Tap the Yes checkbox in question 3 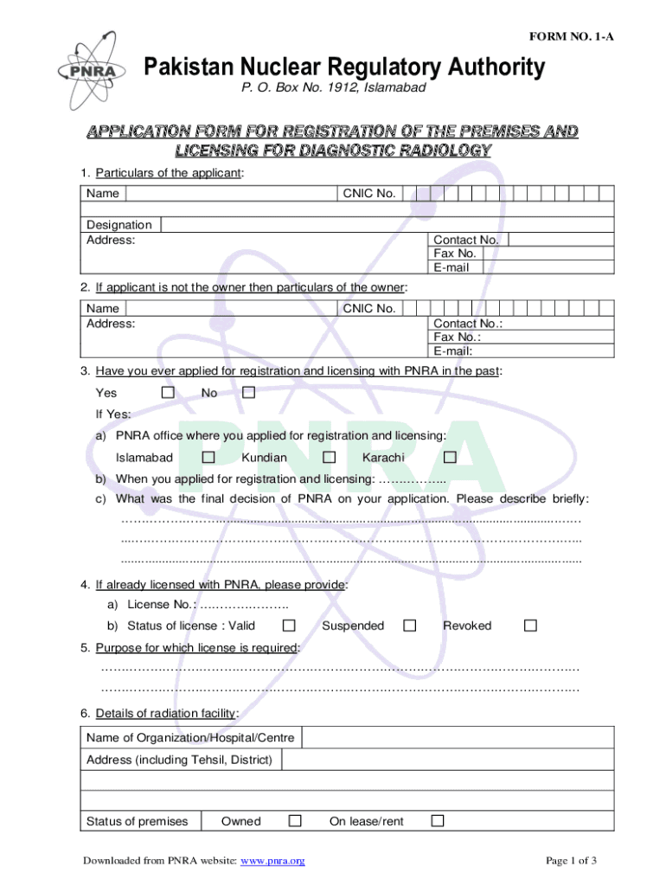point(169,393)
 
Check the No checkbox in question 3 point(248,393)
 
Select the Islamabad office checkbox point(208,457)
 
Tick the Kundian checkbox point(329,457)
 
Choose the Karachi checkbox point(450,457)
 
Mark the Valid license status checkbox point(289,625)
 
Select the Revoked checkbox point(530,625)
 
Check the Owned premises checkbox point(295,820)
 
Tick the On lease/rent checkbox point(438,820)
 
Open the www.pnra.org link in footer point(272,860)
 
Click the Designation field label point(119,225)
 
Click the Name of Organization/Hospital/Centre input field point(457,738)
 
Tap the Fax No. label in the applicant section point(455,254)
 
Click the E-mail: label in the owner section point(453,350)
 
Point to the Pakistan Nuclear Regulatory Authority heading point(344,67)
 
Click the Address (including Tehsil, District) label point(180,760)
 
